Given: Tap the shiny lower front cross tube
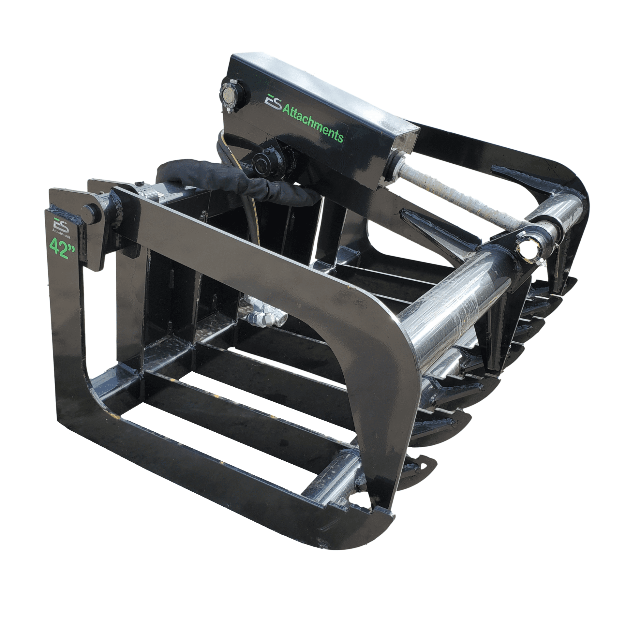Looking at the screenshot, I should (x=329, y=483).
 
